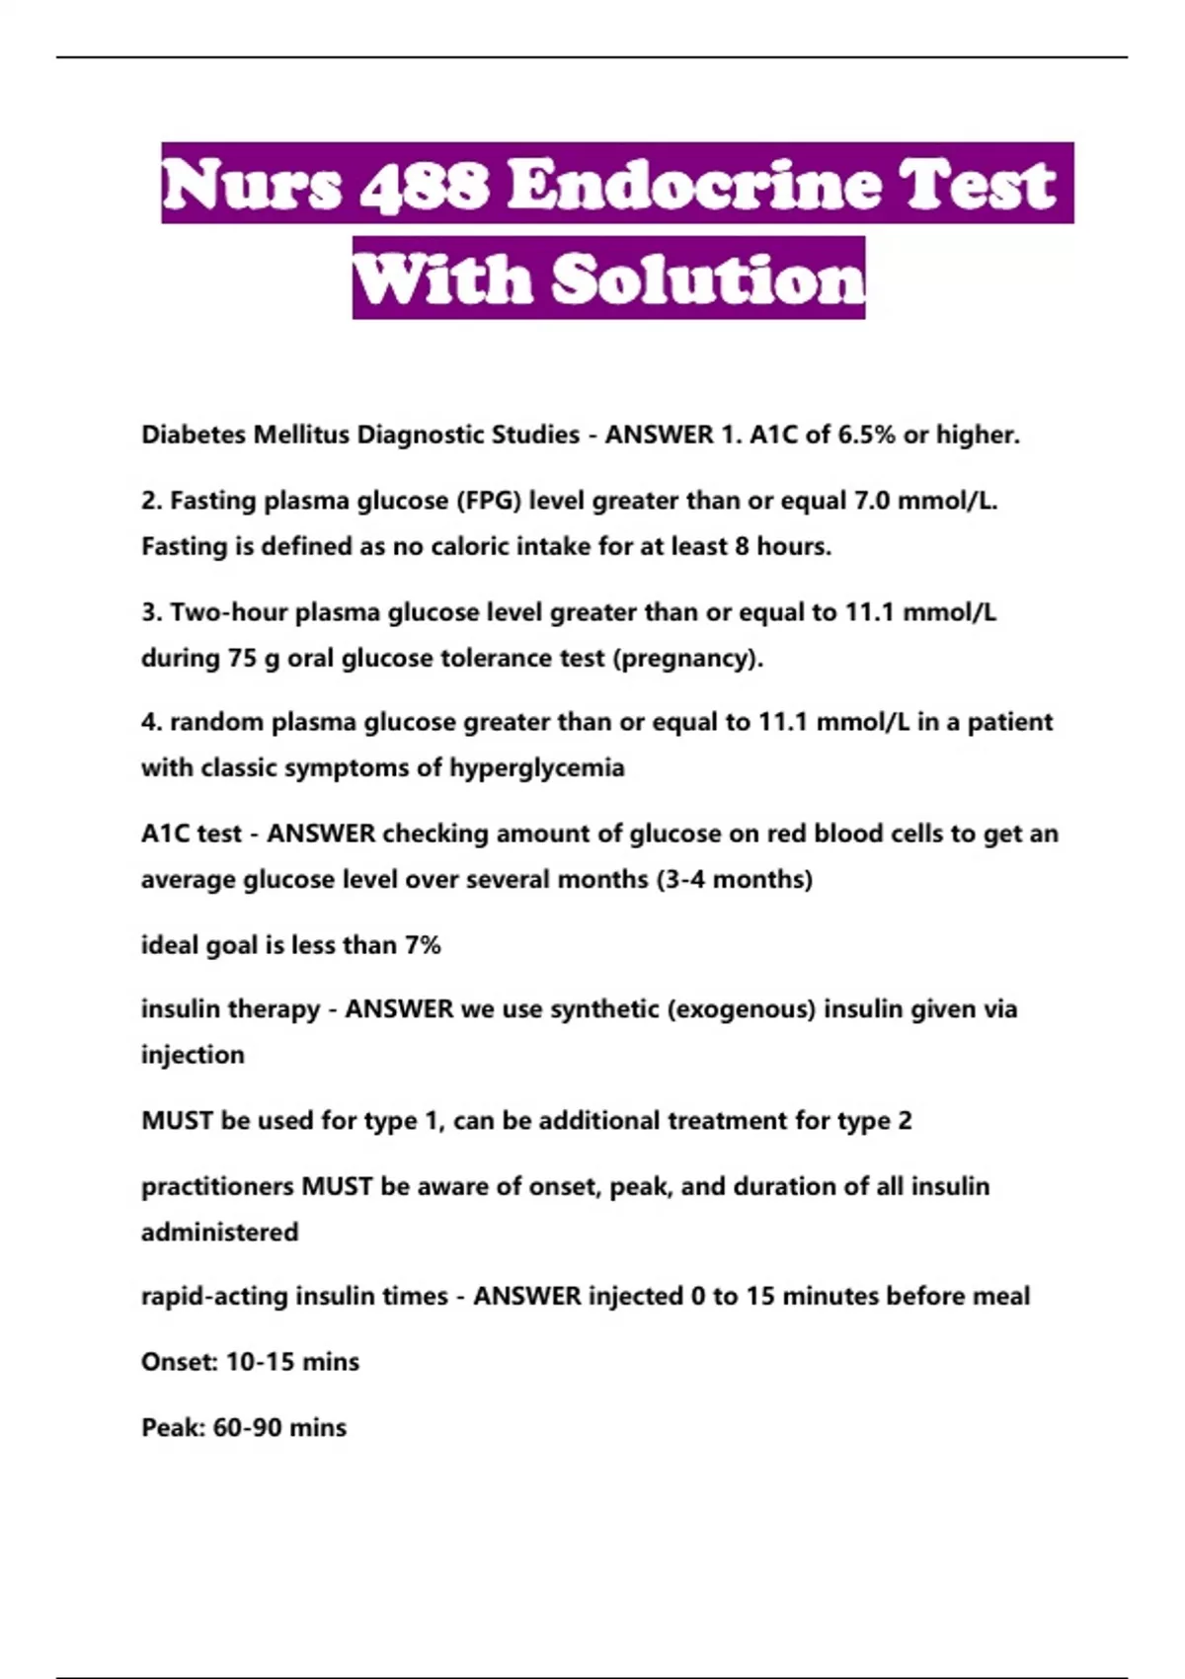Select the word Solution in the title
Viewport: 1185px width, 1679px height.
707,279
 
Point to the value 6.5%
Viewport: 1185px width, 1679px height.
867,435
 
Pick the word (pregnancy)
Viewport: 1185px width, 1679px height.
688,658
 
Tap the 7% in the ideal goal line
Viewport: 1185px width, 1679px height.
423,945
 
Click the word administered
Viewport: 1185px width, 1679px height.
219,1232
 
